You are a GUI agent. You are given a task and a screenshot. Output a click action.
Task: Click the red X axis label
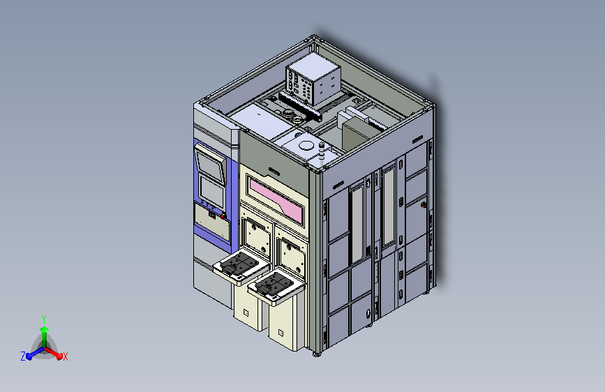[65, 357]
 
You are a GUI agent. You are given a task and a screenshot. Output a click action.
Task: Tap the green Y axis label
[44, 319]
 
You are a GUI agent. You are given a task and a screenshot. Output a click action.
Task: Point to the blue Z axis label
[23, 356]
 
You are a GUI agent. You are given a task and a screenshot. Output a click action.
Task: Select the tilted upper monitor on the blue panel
[210, 163]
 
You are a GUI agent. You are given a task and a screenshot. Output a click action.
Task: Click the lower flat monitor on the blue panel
[211, 191]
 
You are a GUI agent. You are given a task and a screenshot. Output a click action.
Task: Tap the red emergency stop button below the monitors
[223, 216]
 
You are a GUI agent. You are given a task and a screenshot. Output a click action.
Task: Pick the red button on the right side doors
[424, 205]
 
